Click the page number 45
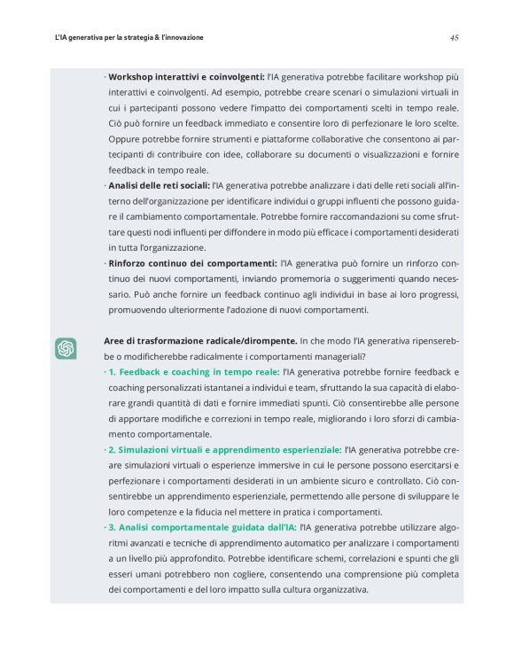pyautogui.click(x=454, y=38)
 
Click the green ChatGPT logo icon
pyautogui.click(x=66, y=348)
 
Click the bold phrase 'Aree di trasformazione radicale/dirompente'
pyautogui.click(x=199, y=340)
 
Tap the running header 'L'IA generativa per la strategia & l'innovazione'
pyautogui.click(x=129, y=38)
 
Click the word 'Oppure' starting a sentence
pyautogui.click(x=125, y=138)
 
